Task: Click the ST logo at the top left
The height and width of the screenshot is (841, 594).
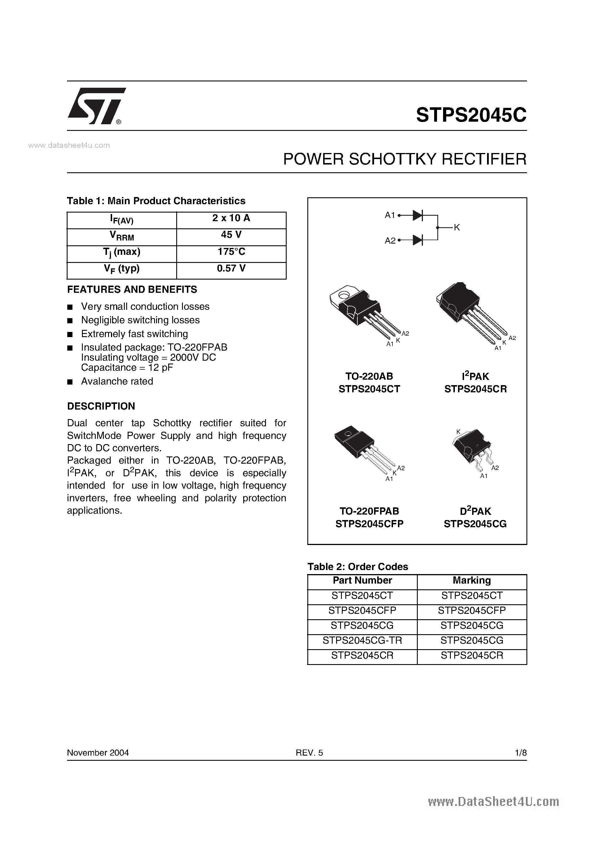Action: pyautogui.click(x=96, y=106)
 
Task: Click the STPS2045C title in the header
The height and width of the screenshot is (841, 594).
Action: pyautogui.click(x=471, y=115)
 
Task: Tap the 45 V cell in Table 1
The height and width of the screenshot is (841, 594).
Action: pyautogui.click(x=231, y=235)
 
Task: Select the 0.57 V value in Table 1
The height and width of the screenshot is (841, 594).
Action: pyautogui.click(x=231, y=268)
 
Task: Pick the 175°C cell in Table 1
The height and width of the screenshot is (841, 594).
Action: pyautogui.click(x=231, y=252)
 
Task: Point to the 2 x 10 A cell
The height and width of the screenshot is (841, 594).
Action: pyautogui.click(x=231, y=218)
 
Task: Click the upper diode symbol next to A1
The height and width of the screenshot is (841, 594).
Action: pyautogui.click(x=417, y=215)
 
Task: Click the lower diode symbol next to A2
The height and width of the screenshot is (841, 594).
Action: pyautogui.click(x=417, y=240)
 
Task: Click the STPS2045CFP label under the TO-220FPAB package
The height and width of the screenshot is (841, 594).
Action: pyautogui.click(x=369, y=524)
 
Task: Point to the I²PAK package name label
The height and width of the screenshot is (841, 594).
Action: pyautogui.click(x=475, y=376)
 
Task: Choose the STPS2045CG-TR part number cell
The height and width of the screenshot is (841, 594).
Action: pyautogui.click(x=362, y=640)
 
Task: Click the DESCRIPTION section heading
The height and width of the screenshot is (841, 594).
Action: pyautogui.click(x=101, y=406)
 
